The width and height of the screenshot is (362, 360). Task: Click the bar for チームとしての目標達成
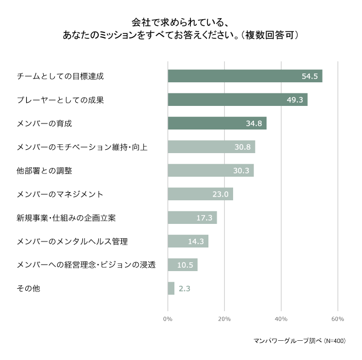(245, 76)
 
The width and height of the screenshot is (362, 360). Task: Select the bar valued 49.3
(237, 99)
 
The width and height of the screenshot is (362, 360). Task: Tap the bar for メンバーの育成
(217, 123)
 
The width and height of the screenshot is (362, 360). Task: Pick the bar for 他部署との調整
(210, 170)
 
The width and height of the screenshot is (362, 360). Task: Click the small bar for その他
(171, 288)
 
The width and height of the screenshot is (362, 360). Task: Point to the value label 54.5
(310, 76)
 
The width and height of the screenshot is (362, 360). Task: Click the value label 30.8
(242, 147)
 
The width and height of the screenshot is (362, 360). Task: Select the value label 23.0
(220, 194)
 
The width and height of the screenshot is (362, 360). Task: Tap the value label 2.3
(184, 288)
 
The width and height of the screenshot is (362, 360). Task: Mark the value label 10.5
(185, 265)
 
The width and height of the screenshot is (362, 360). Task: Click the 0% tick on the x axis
(168, 319)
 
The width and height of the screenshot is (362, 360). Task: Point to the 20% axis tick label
(224, 319)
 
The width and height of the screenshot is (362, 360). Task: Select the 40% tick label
(281, 319)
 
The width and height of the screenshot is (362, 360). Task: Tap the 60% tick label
(338, 319)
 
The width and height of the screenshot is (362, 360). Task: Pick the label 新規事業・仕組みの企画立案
(66, 218)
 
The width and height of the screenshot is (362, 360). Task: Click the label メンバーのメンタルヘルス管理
(72, 241)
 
